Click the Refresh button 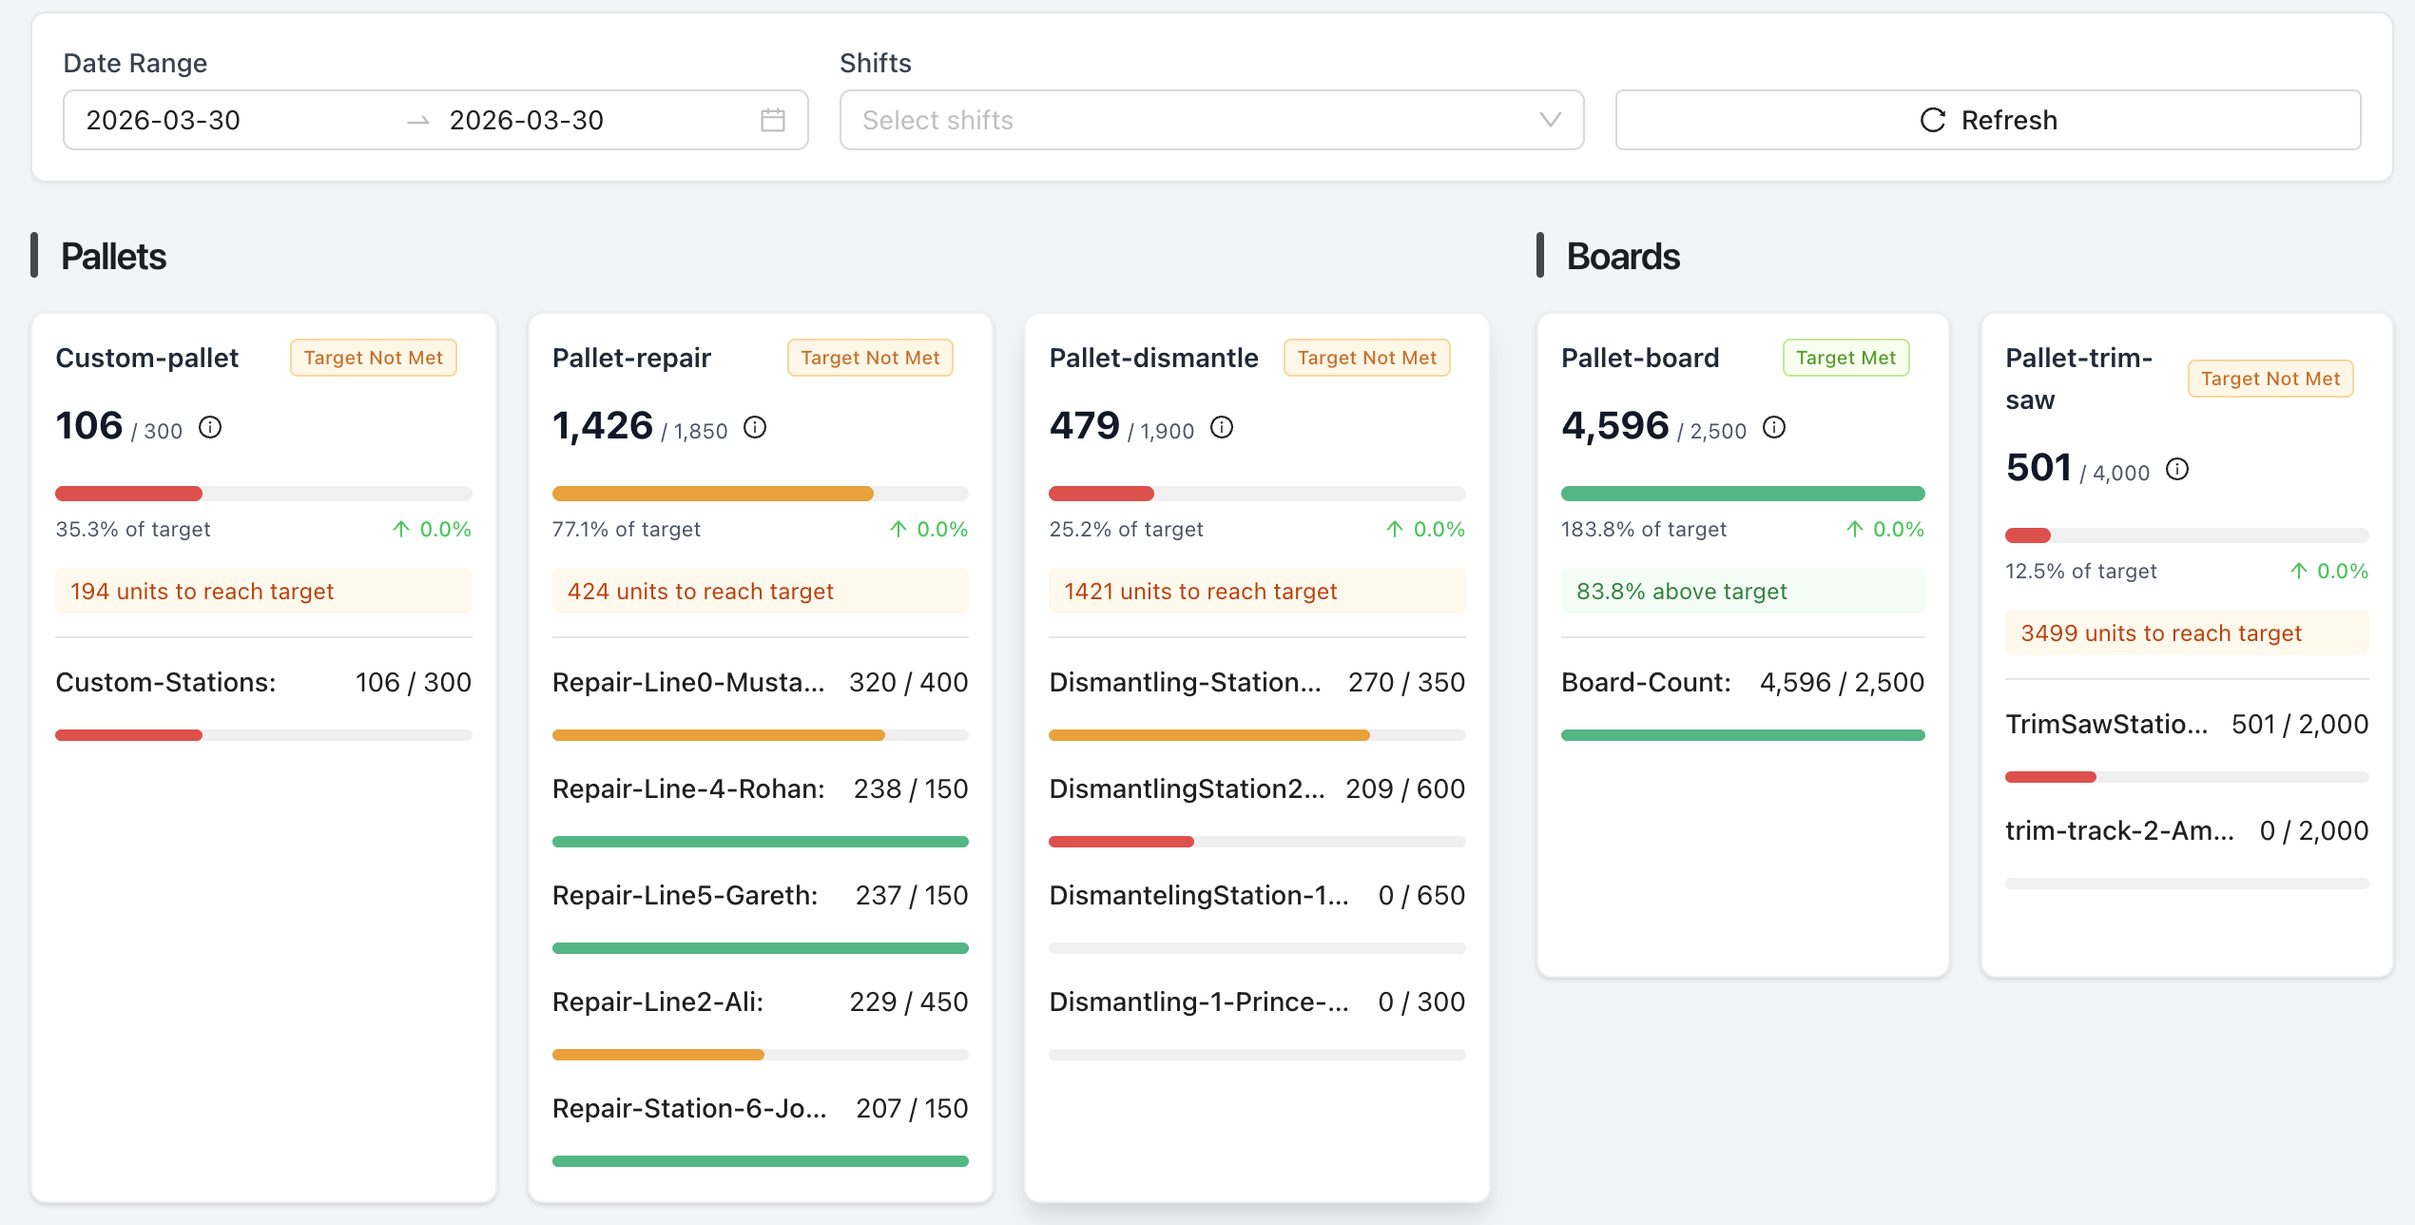1987,120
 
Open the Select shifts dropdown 1210,120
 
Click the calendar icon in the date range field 772,120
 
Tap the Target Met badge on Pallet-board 1845,358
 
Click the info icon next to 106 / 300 210,428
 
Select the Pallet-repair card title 631,358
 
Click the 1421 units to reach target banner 1200,592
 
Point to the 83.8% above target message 1681,592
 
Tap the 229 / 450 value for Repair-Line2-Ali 908,1001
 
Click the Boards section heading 1622,257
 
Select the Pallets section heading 113,257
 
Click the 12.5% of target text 2080,571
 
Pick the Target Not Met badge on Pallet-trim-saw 2270,379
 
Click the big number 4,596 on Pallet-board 1614,426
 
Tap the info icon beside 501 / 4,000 2177,470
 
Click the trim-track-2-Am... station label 2119,830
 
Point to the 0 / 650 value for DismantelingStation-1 1420,895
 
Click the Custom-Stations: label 165,682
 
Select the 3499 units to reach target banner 2160,633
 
